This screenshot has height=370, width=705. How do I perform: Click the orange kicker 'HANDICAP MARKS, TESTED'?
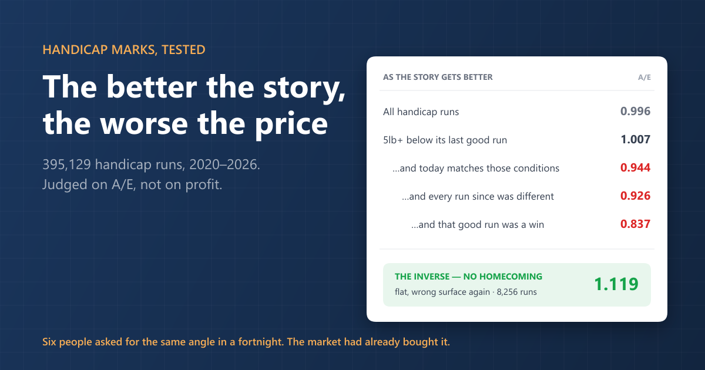point(124,50)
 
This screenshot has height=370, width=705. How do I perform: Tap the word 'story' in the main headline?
point(304,89)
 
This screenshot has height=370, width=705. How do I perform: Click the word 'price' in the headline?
point(291,125)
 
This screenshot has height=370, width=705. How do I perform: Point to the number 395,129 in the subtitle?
point(67,164)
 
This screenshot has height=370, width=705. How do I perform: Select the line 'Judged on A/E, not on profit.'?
point(132,184)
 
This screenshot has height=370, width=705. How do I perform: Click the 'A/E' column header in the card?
point(644,78)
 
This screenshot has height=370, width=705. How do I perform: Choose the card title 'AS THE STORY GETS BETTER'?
point(438,77)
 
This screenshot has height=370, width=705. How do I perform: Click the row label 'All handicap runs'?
point(421,112)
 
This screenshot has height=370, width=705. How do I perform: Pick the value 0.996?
point(635,111)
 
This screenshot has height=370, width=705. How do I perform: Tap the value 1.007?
point(636,139)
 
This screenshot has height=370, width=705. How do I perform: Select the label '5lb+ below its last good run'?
point(445,140)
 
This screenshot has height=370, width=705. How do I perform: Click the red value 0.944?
point(635,167)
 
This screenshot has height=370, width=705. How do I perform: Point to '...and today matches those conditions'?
point(475,169)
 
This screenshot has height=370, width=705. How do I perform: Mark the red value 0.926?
point(635,196)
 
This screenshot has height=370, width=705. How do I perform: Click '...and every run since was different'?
point(478,196)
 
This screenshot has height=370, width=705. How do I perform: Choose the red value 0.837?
point(635,224)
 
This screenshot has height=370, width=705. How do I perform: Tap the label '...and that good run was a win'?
point(478,224)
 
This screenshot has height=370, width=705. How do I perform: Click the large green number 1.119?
point(616,284)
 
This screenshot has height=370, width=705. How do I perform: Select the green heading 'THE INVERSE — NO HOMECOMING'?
point(468,277)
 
